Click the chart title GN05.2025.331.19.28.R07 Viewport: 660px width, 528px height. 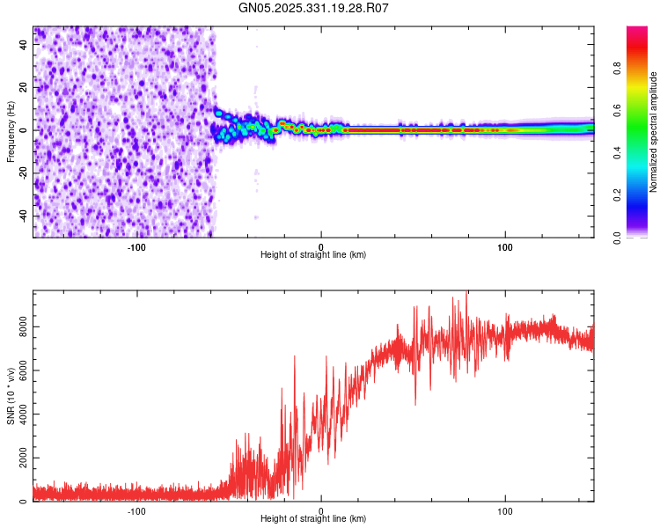tap(314, 8)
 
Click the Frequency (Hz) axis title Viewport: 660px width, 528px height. tap(11, 132)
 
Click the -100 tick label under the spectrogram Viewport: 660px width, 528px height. tap(136, 246)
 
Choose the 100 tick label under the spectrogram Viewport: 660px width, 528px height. tap(505, 246)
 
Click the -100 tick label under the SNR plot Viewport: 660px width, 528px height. tap(136, 510)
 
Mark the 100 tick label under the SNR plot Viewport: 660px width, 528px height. tap(505, 510)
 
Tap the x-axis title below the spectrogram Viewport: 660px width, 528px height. tap(313, 255)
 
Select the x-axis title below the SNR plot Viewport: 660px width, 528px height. tap(313, 519)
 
